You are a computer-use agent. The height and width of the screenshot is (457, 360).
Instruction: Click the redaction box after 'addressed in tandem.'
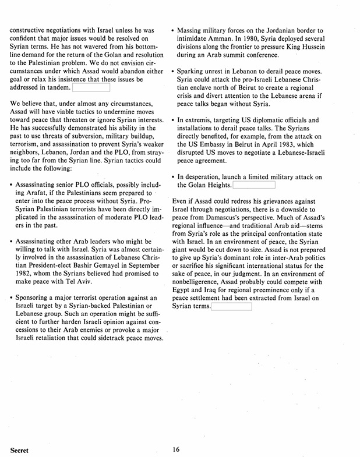[x=90, y=88]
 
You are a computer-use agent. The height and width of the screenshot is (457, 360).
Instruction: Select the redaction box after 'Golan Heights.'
[x=253, y=185]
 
